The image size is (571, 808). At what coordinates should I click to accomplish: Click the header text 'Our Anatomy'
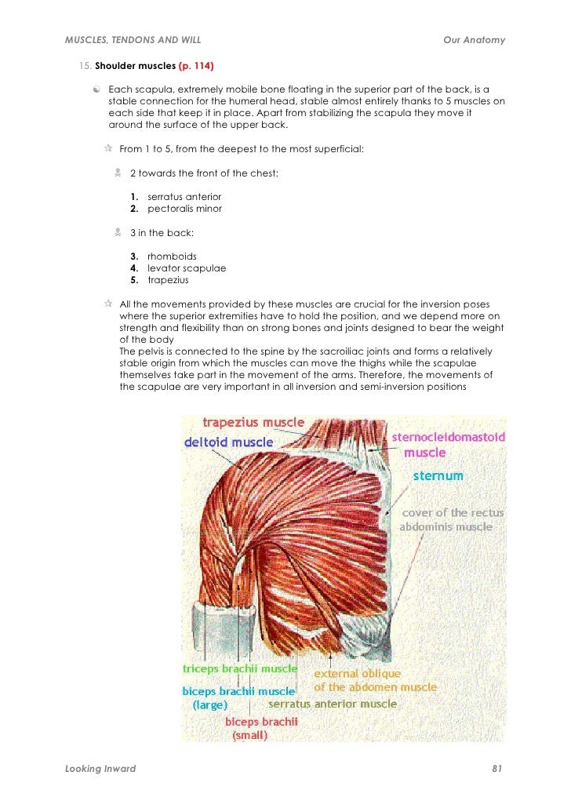[474, 40]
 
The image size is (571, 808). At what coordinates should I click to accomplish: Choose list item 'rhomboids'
[172, 256]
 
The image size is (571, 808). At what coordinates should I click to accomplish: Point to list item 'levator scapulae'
[187, 268]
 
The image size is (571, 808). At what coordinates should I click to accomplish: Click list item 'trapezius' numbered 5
[168, 279]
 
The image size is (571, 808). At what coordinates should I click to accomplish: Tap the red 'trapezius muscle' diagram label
[253, 424]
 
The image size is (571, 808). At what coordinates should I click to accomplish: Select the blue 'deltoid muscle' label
[228, 442]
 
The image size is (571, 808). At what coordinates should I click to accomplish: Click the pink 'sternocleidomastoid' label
[448, 437]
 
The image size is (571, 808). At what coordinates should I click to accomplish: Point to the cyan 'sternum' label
[438, 476]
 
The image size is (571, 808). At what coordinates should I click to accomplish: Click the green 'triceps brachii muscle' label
[239, 669]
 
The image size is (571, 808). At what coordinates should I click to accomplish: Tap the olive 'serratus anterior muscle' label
[333, 704]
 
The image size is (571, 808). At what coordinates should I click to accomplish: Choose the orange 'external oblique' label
[358, 674]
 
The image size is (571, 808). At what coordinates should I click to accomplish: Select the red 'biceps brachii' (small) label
[261, 721]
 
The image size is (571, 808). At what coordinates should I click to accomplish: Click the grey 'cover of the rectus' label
[453, 513]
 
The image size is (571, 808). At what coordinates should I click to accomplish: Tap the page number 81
[496, 769]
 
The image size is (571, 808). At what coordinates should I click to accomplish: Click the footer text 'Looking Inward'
[100, 769]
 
